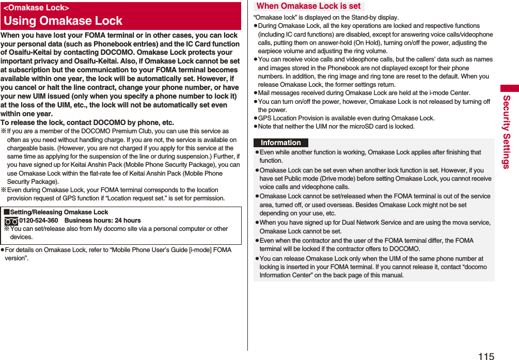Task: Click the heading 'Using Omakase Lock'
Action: coord(63,21)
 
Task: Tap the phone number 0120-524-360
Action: coord(39,221)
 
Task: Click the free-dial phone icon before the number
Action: coord(11,221)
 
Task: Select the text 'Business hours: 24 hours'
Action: coord(102,221)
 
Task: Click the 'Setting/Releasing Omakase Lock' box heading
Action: coord(59,212)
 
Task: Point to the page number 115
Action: coord(486,356)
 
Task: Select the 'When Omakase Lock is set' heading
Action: coord(308,6)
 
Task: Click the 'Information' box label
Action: coord(280,143)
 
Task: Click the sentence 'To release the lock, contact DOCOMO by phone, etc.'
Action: coord(87,122)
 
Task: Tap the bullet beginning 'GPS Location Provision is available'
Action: coord(346,118)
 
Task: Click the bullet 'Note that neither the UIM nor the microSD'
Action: coord(336,127)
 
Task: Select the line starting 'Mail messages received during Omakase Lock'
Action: coord(364,93)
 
